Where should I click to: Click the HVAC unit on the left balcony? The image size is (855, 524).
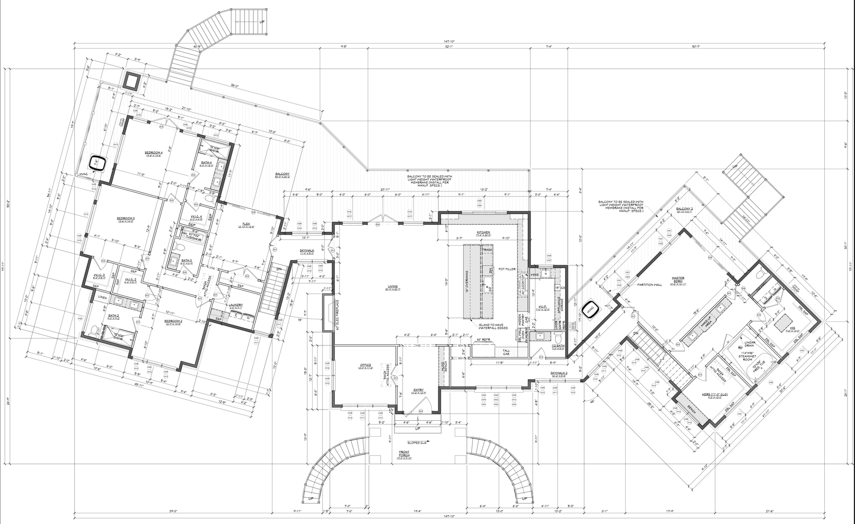(x=97, y=163)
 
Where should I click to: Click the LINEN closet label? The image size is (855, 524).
(x=102, y=297)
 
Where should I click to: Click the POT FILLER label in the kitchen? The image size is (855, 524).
(x=507, y=269)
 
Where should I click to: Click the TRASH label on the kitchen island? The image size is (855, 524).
(x=487, y=250)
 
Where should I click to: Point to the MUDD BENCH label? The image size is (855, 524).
(x=443, y=367)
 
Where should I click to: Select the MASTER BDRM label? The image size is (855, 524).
(x=678, y=279)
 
